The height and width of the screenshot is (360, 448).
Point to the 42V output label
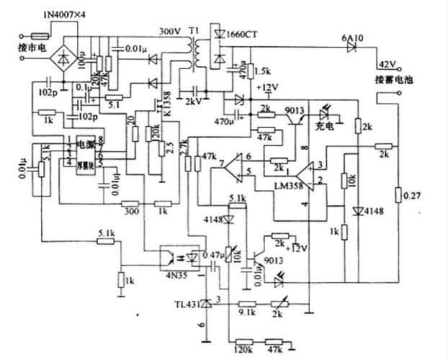[388, 63]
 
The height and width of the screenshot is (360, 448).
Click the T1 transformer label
[193, 32]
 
